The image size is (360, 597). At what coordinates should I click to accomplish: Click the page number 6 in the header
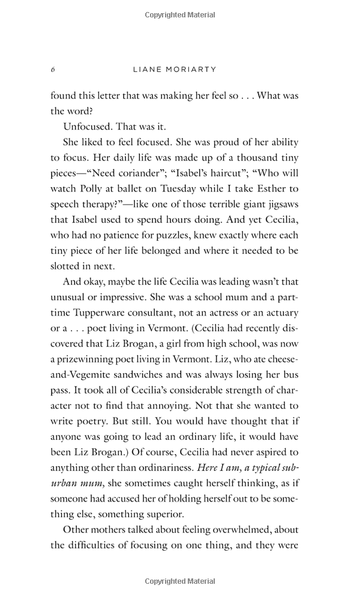coord(53,70)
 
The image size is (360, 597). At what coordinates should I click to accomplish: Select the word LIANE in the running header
coord(146,70)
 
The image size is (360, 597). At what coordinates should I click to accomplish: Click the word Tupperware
coord(103,313)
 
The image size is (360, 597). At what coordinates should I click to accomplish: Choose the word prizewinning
coord(86,359)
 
